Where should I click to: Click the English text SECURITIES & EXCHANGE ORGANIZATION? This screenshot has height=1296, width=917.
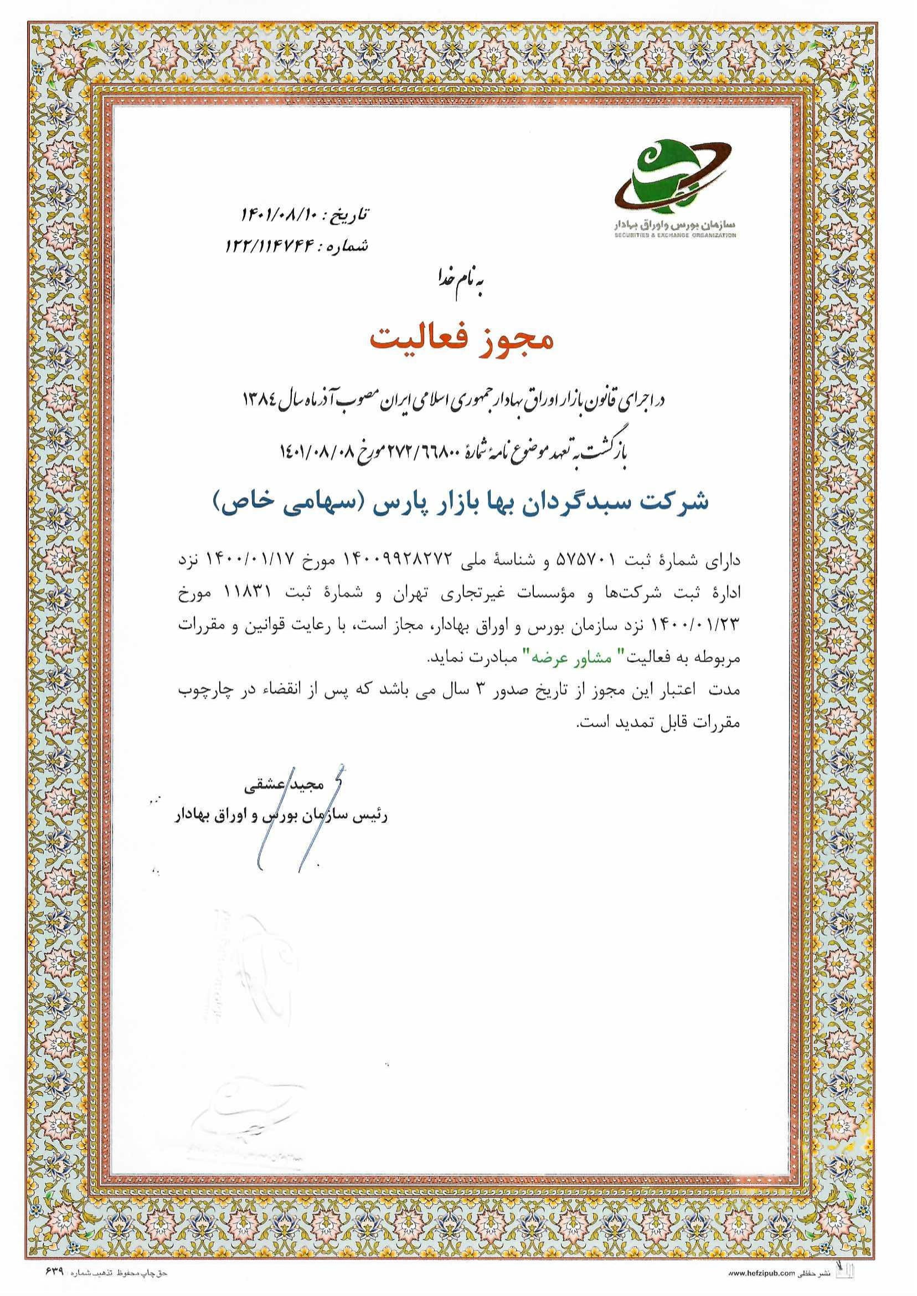(676, 234)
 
